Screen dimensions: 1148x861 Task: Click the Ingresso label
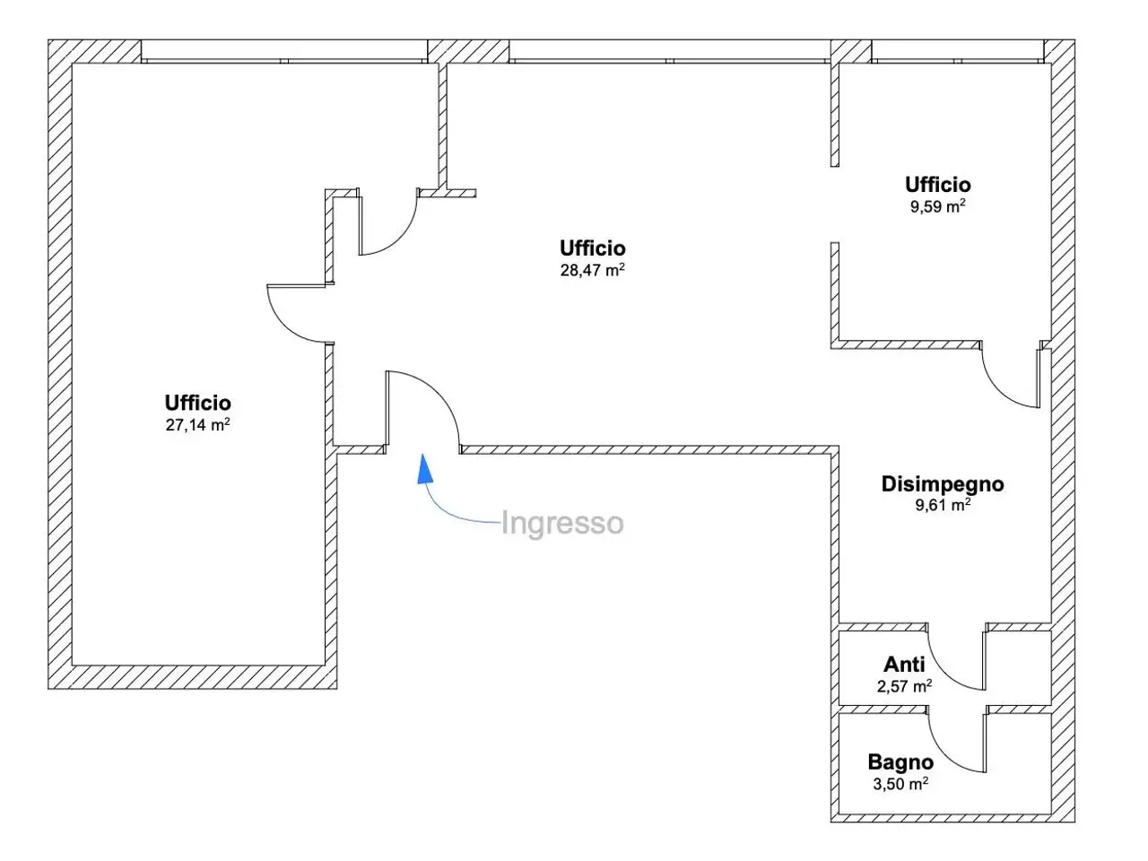pyautogui.click(x=562, y=523)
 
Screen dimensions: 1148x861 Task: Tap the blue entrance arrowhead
pyautogui.click(x=425, y=469)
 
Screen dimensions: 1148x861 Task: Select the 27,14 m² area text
pyautogui.click(x=197, y=424)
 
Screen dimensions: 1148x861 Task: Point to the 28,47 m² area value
pyautogui.click(x=593, y=270)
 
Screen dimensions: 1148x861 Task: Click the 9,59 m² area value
pyautogui.click(x=938, y=206)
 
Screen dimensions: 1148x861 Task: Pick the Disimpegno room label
pyautogui.click(x=943, y=484)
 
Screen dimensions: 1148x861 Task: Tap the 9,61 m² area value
pyautogui.click(x=943, y=504)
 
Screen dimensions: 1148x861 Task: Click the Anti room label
pyautogui.click(x=904, y=665)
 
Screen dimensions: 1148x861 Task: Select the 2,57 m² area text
pyautogui.click(x=904, y=685)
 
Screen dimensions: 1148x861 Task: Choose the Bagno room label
pyautogui.click(x=900, y=762)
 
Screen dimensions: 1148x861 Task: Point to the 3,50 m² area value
pyautogui.click(x=900, y=783)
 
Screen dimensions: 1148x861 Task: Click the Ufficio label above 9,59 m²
pyautogui.click(x=938, y=185)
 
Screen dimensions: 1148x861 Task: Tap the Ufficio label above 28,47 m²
pyautogui.click(x=593, y=248)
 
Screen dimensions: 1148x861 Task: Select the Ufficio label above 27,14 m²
pyautogui.click(x=197, y=403)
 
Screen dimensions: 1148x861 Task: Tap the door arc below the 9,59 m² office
pyautogui.click(x=998, y=390)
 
